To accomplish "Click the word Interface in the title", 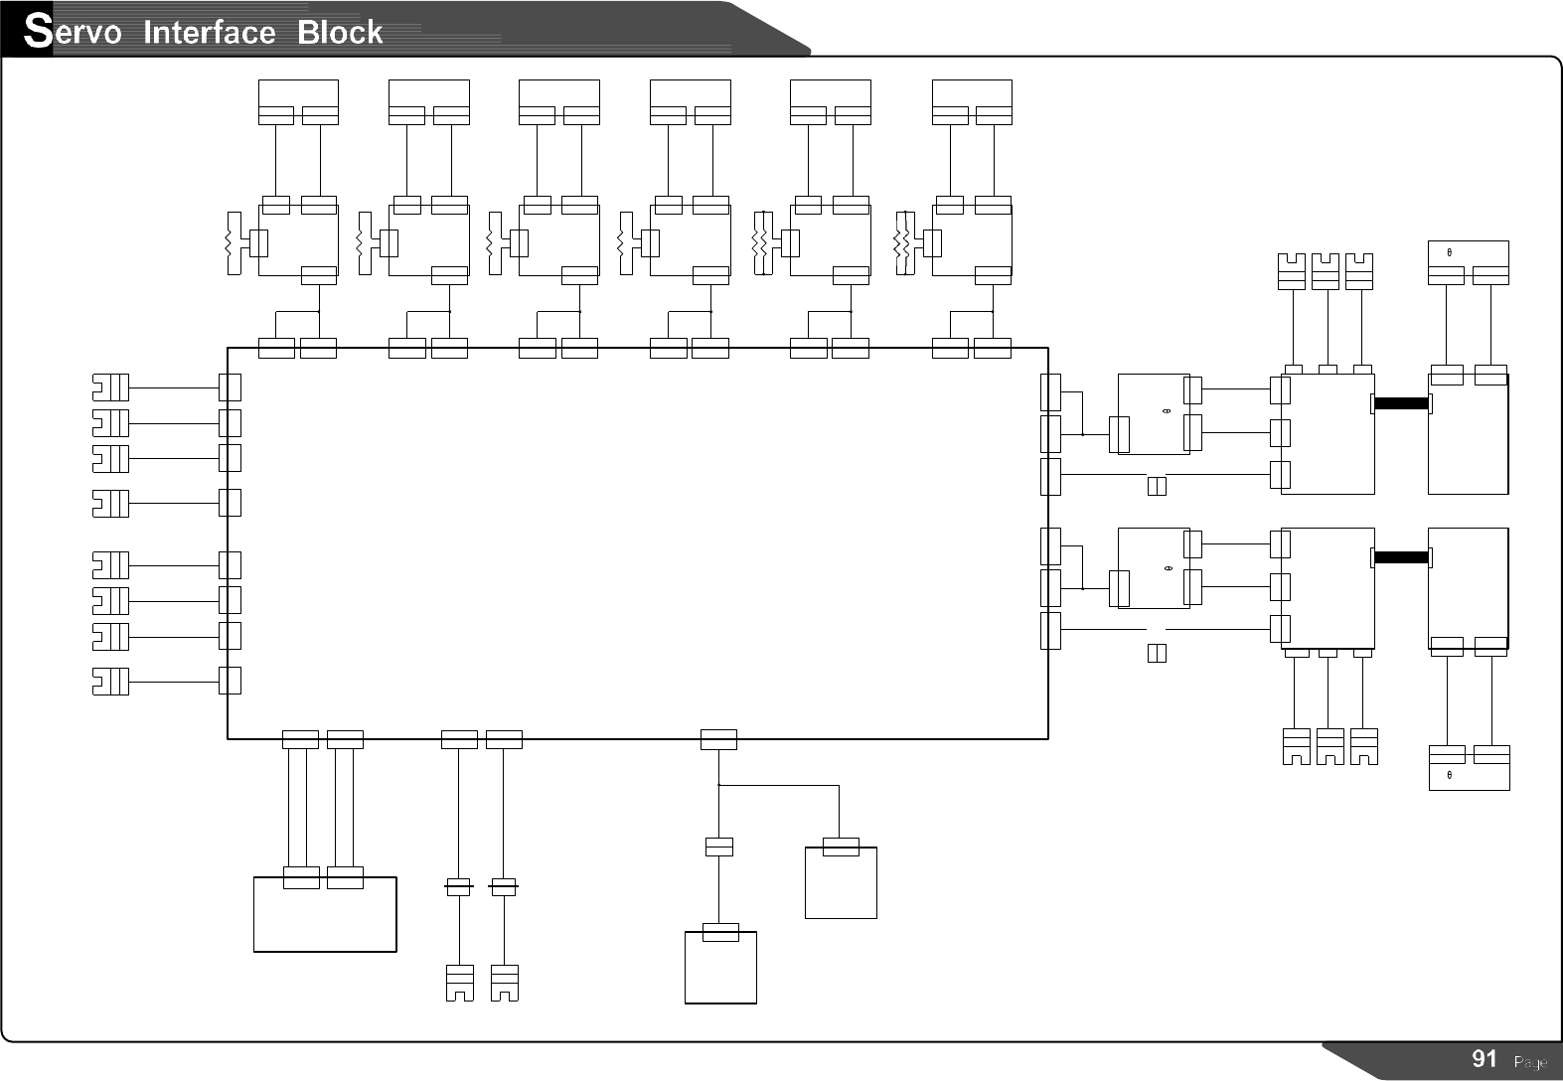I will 209,33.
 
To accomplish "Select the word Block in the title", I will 340,33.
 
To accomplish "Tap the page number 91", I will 1484,1059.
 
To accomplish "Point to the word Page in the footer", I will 1529,1062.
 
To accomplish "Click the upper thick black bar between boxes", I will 1401,403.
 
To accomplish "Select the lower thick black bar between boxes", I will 1401,557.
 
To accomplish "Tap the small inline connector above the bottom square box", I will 718,847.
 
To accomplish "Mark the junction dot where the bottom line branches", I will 718,785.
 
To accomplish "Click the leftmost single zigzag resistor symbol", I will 234,243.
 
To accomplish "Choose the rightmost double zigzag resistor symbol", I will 903,243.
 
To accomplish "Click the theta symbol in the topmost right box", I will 1450,251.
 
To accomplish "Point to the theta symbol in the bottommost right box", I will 1450,775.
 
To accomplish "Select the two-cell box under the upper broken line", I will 1157,486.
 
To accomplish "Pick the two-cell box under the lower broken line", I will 1157,653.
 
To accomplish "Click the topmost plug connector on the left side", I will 110,386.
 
